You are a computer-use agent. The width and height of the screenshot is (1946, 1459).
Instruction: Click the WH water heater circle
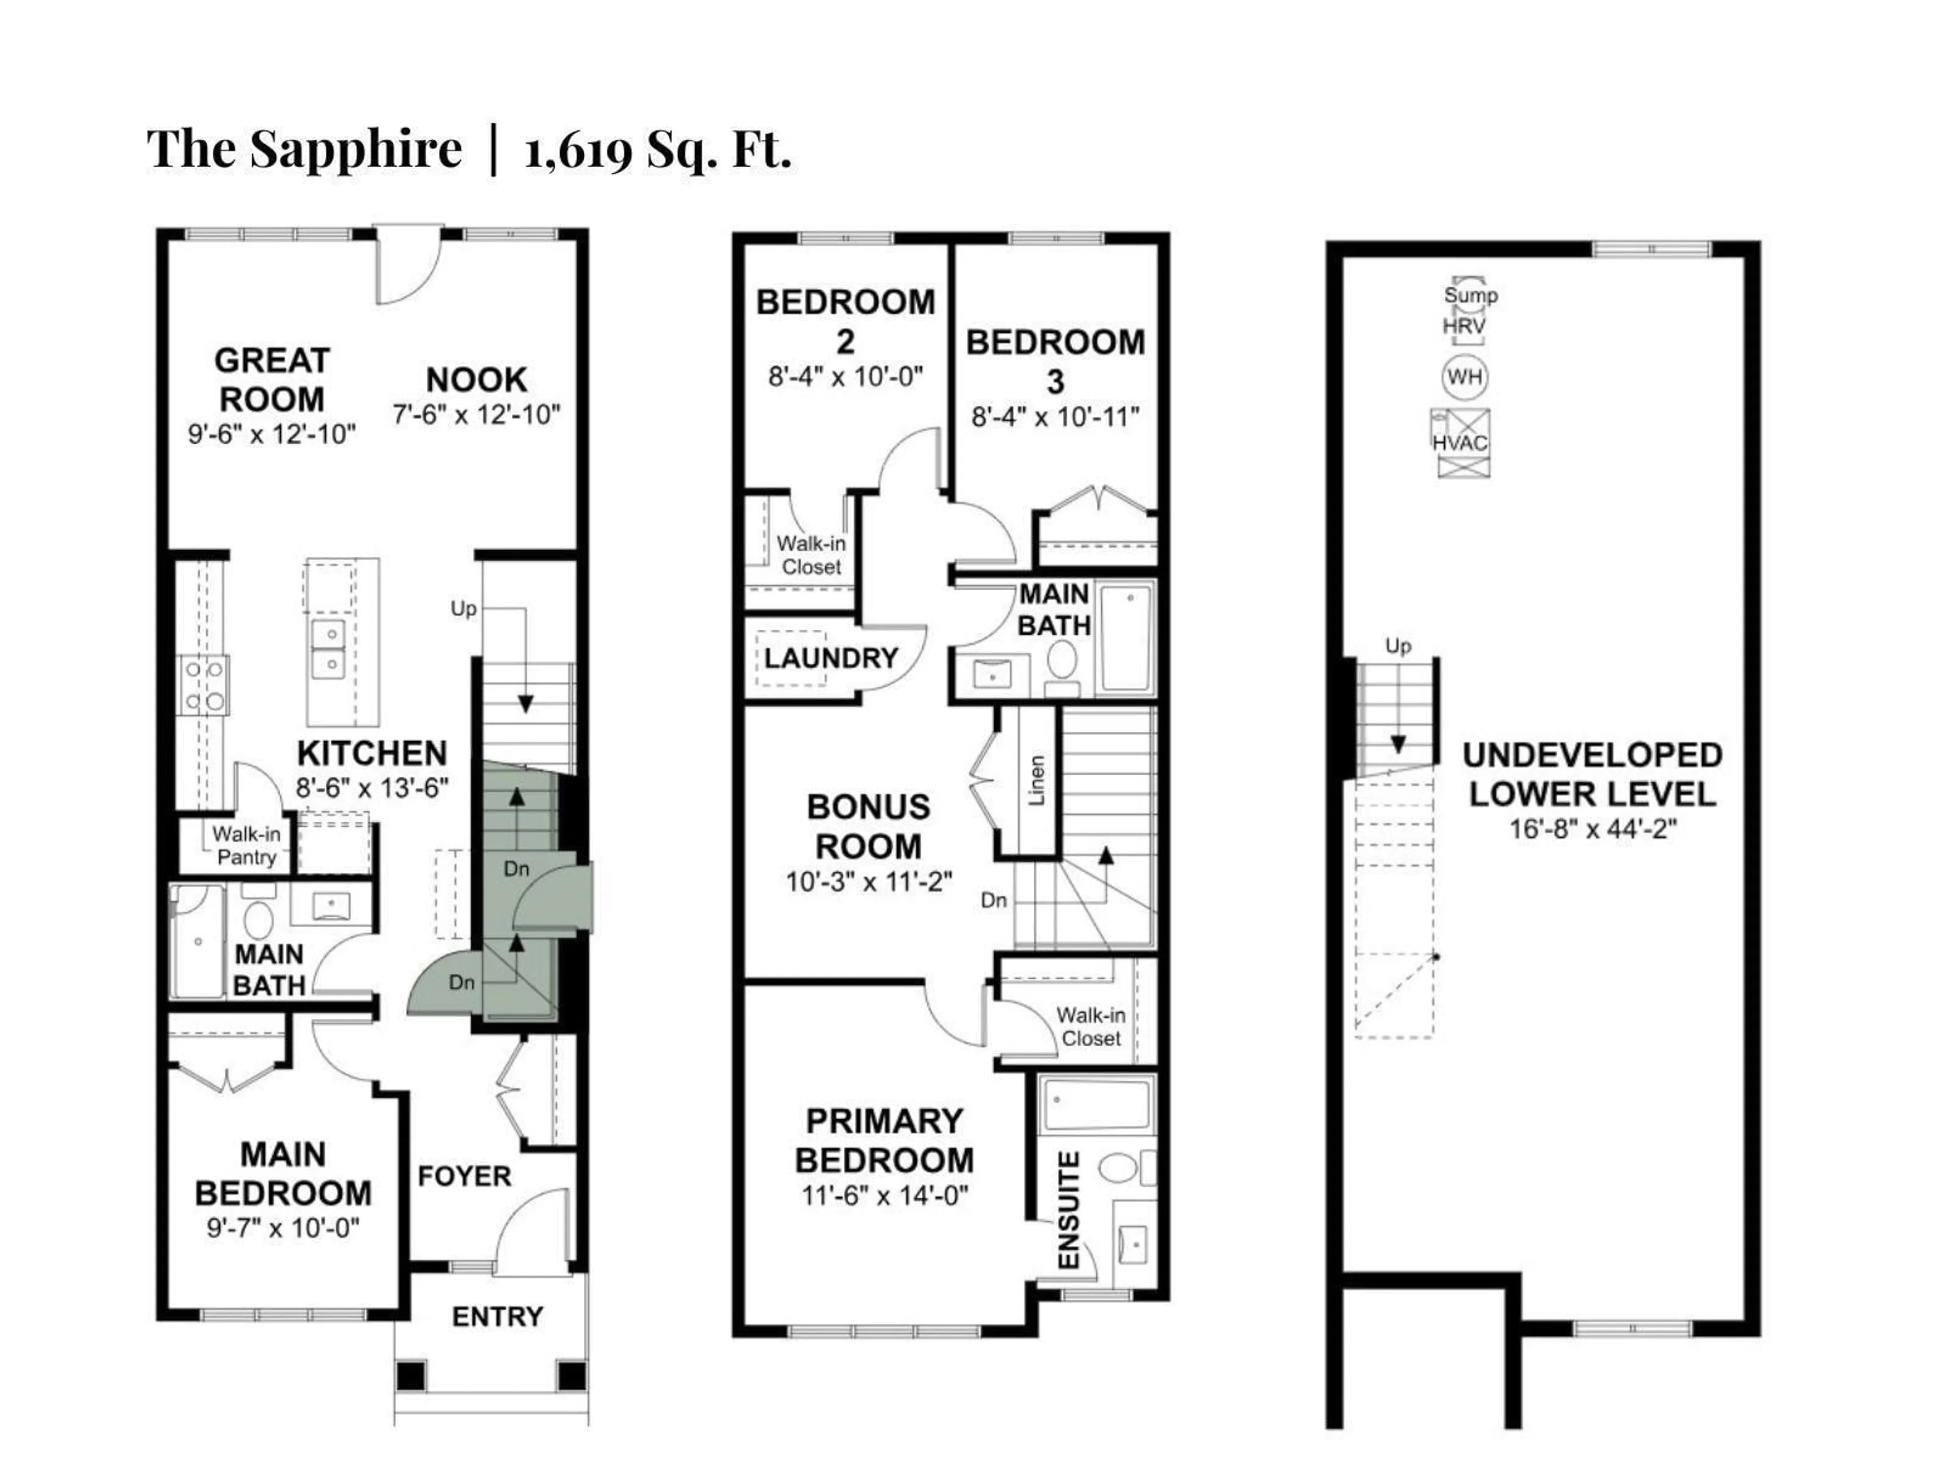tap(1464, 377)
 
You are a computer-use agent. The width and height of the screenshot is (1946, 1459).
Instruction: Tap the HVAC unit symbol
tap(1463, 442)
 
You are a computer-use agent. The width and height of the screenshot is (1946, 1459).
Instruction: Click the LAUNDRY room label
tap(831, 658)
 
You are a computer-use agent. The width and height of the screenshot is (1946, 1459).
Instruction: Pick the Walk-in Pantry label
tap(246, 845)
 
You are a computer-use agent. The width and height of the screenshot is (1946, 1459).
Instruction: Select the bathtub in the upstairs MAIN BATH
tap(1126, 638)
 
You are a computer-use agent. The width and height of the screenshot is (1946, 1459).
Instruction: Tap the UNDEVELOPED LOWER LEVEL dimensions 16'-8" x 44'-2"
tap(1593, 828)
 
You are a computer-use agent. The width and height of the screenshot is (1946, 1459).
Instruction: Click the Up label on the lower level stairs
tap(1398, 645)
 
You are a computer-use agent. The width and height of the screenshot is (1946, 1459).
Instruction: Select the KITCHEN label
tap(372, 754)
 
